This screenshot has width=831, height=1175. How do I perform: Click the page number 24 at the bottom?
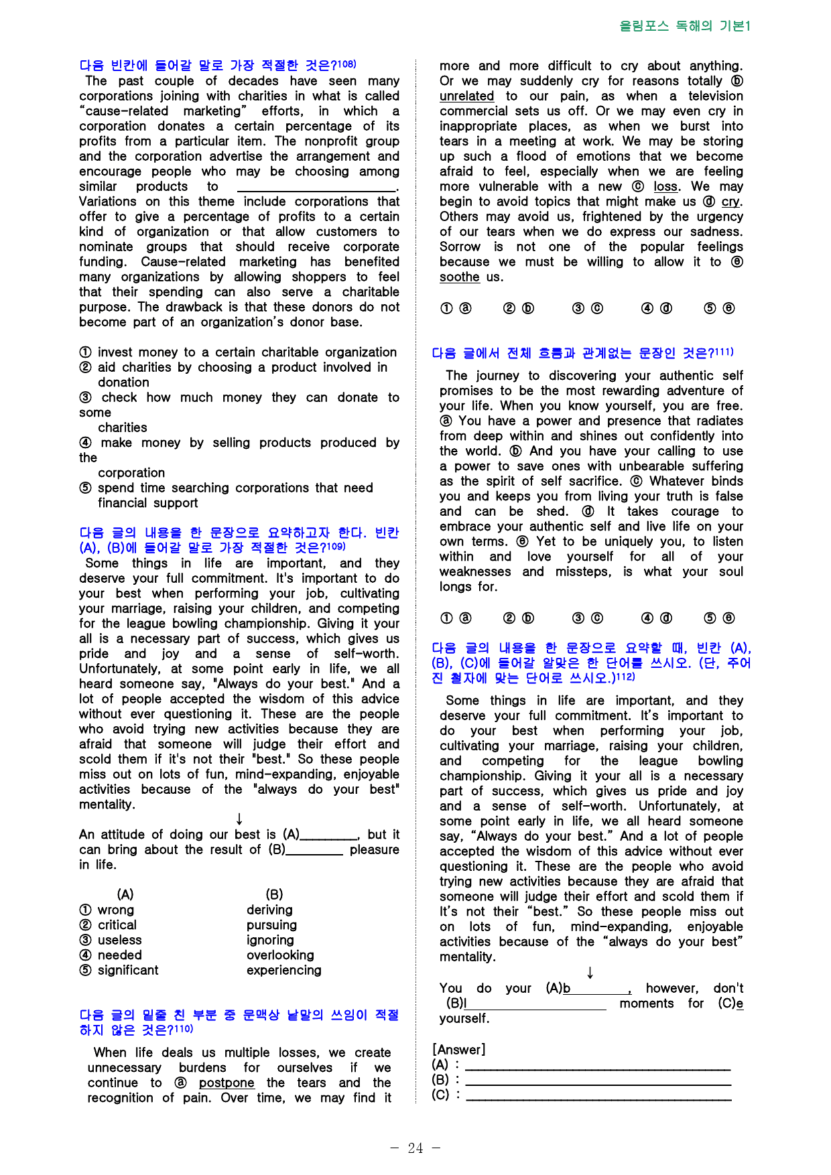click(415, 1148)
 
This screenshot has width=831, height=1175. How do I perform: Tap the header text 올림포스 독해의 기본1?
click(685, 26)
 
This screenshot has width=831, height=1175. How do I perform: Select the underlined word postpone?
click(227, 1083)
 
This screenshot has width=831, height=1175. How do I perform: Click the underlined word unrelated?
click(466, 96)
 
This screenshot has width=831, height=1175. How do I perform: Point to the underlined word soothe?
click(459, 277)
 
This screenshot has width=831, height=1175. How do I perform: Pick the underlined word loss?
click(665, 186)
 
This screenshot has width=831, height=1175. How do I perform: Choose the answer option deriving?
click(269, 910)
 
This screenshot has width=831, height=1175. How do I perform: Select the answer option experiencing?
click(283, 970)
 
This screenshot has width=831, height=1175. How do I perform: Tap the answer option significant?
click(128, 970)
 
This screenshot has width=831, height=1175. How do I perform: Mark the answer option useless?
click(119, 940)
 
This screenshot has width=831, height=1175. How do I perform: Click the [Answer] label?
click(459, 1050)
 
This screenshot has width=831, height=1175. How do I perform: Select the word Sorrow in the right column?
click(460, 247)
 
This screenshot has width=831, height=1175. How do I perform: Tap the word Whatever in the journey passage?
click(677, 481)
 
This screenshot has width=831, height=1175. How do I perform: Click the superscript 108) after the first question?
click(346, 64)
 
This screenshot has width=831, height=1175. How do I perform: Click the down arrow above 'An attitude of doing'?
click(239, 819)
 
